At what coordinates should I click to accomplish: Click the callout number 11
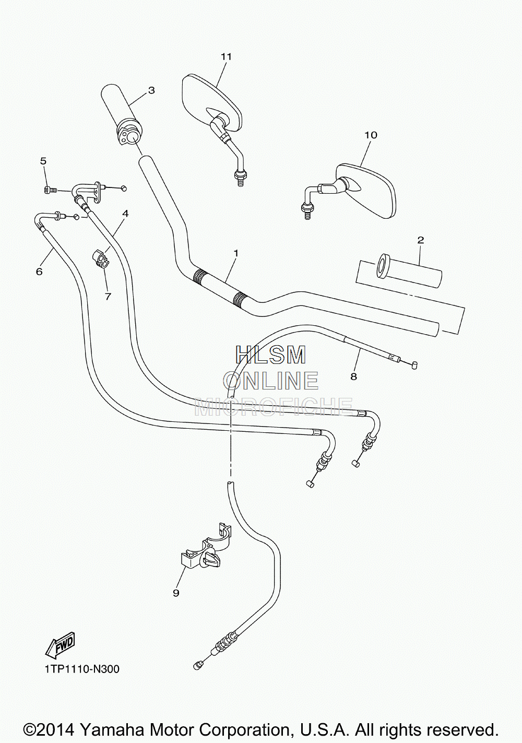pyautogui.click(x=226, y=57)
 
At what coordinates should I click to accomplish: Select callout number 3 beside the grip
pyautogui.click(x=151, y=90)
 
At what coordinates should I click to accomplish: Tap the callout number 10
pyautogui.click(x=371, y=135)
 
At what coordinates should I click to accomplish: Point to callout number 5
pyautogui.click(x=43, y=161)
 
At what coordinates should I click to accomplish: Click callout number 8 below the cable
pyautogui.click(x=353, y=376)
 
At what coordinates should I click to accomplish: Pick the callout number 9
pyautogui.click(x=176, y=593)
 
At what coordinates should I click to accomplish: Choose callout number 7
pyautogui.click(x=108, y=296)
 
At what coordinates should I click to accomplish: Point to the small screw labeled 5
pyautogui.click(x=51, y=190)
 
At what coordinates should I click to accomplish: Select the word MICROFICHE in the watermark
pyautogui.click(x=274, y=407)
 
